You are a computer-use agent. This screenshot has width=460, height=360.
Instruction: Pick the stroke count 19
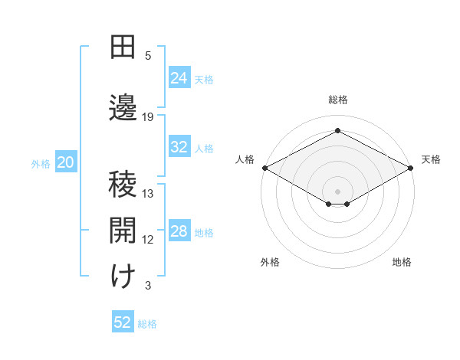pyautogui.click(x=148, y=116)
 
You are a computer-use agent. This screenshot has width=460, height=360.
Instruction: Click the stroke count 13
pyautogui.click(x=148, y=194)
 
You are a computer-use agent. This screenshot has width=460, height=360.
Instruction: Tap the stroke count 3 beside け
pyautogui.click(x=148, y=286)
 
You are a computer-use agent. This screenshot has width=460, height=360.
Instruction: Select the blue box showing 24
pyautogui.click(x=179, y=78)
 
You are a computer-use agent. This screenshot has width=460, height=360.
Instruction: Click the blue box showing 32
pyautogui.click(x=179, y=147)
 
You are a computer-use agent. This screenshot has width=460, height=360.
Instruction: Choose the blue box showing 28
pyautogui.click(x=179, y=231)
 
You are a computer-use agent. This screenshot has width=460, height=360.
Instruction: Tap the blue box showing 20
pyautogui.click(x=65, y=162)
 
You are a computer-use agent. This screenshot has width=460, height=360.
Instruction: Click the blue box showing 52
pyautogui.click(x=123, y=322)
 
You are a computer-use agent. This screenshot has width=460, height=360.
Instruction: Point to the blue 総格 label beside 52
pyautogui.click(x=147, y=324)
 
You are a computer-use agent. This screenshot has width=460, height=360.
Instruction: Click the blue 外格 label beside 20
pyautogui.click(x=41, y=163)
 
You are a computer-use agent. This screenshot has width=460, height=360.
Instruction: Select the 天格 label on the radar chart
pyautogui.click(x=431, y=159)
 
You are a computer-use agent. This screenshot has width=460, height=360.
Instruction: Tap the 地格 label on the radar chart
pyautogui.click(x=402, y=263)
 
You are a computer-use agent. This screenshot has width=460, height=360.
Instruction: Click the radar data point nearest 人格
pyautogui.click(x=264, y=168)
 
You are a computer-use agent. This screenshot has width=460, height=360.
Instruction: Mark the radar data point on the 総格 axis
pyautogui.click(x=337, y=130)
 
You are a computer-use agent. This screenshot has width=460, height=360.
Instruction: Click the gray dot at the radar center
pyautogui.click(x=337, y=190)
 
